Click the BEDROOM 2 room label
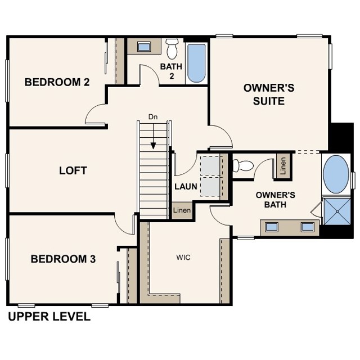(57, 82)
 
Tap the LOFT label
(73, 170)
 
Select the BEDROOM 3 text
(63, 259)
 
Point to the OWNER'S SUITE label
(269, 94)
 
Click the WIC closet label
(183, 258)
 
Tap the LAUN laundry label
(186, 186)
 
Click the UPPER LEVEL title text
(49, 317)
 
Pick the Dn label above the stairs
(153, 117)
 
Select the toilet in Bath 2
(172, 49)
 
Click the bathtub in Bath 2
(196, 63)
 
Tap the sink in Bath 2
(144, 47)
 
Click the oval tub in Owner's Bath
(336, 174)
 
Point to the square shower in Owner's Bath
(337, 211)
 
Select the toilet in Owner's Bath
(243, 165)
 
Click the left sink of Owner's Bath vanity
(272, 227)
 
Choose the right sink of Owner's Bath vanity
(308, 227)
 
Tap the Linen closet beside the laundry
(182, 210)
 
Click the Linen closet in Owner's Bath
(283, 166)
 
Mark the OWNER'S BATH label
(275, 200)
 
